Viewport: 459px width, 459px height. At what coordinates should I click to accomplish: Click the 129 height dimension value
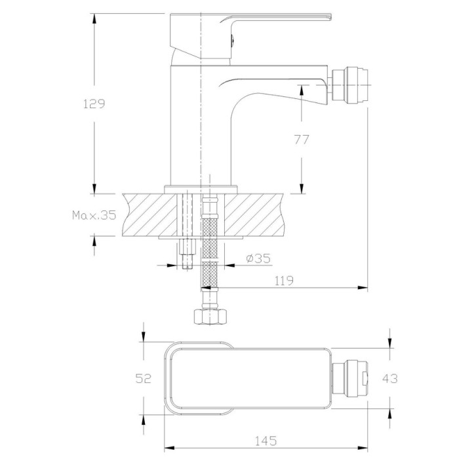point(94,104)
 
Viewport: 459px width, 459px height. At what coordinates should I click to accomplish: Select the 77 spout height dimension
point(302,140)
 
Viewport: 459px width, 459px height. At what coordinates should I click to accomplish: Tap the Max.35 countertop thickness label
point(94,215)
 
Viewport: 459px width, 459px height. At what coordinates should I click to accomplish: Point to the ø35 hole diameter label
point(258,258)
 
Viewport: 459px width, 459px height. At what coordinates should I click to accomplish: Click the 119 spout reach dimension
point(284,281)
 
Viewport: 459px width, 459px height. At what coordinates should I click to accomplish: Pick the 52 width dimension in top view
point(144,378)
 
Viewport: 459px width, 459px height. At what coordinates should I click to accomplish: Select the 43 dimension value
point(390,378)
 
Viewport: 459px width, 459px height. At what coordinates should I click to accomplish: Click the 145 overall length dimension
point(266,441)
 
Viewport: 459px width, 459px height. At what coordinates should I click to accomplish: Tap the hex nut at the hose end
point(210,317)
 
